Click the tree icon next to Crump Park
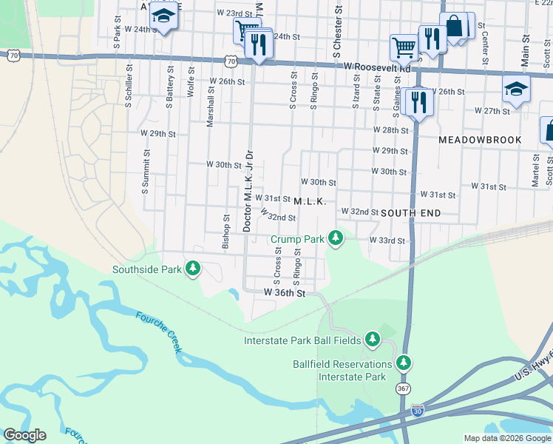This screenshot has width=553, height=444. click(x=336, y=238)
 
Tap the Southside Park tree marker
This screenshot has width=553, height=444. click(x=193, y=268)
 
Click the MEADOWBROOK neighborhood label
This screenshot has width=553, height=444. click(x=480, y=140)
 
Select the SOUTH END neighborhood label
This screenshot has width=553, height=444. click(x=411, y=212)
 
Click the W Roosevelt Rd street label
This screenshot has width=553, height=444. click(x=377, y=67)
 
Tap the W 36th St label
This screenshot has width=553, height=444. click(x=285, y=293)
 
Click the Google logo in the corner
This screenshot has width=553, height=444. click(x=24, y=435)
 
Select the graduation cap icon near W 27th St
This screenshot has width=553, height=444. click(x=516, y=90)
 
